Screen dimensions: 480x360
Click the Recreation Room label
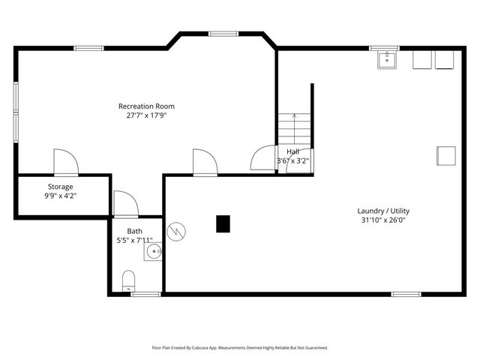pos(146,106)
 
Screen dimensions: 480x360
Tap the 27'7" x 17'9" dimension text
pos(147,115)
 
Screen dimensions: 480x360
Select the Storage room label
pos(60,187)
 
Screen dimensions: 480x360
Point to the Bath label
pos(135,231)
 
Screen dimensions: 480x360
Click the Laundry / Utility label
pos(383,211)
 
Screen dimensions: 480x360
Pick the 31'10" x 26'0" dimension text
pos(383,220)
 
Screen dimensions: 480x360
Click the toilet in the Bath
pos(128,280)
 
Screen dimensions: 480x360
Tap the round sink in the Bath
pos(153,251)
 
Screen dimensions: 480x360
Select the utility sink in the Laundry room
pos(387,60)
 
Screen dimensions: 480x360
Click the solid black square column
pos(223,223)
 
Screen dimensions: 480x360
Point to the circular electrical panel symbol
pos(176,232)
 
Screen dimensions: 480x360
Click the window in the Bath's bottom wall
pos(145,294)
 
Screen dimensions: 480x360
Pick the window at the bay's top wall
pos(223,34)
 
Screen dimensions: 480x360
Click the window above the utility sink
pos(384,48)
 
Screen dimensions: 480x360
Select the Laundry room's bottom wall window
pos(406,294)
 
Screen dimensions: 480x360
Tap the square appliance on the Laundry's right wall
pos(446,156)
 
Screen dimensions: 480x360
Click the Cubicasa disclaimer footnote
pos(240,348)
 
